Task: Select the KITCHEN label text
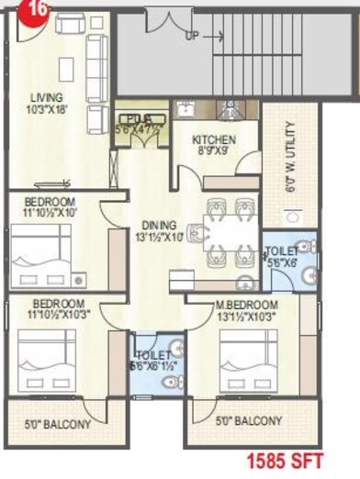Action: tap(214, 140)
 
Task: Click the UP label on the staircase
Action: tap(191, 38)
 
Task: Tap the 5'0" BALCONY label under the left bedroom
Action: tap(57, 423)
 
